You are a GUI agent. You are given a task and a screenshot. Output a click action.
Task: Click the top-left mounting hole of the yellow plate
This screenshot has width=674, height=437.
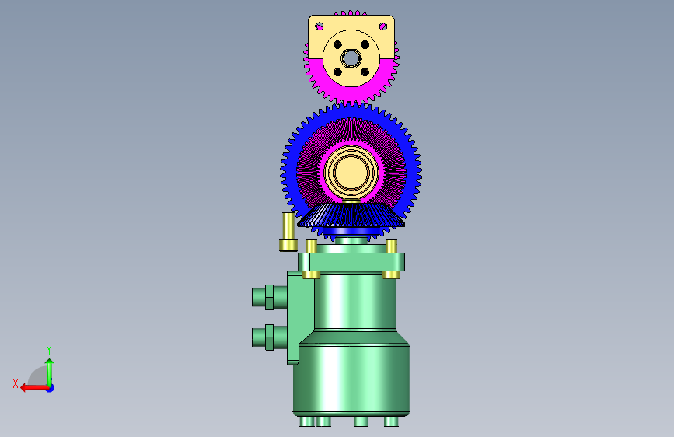point(320,26)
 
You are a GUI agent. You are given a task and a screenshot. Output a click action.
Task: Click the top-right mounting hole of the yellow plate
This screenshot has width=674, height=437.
point(383,26)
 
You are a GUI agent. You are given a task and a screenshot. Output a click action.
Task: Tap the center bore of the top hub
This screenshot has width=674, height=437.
point(351,58)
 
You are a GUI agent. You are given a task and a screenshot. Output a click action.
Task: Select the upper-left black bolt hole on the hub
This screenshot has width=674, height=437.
point(337,45)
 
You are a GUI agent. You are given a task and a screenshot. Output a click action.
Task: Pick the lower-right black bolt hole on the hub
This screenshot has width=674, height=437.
point(365,72)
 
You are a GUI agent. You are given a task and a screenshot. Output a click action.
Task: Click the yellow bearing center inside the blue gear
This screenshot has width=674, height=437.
point(351,172)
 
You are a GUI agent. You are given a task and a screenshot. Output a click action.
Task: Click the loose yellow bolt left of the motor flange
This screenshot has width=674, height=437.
point(288,232)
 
